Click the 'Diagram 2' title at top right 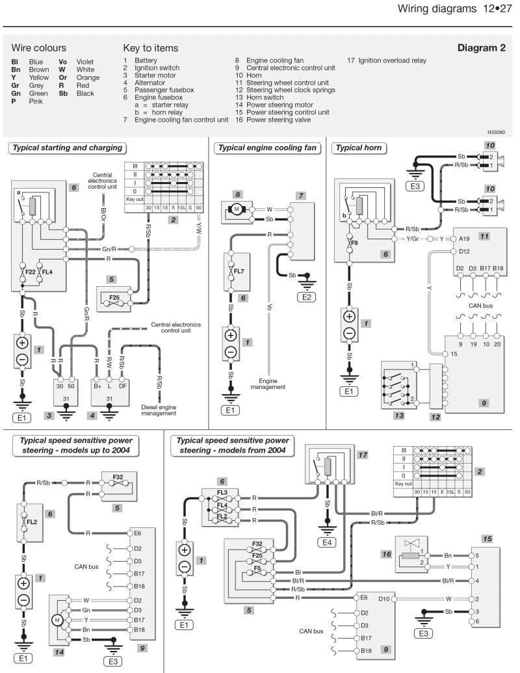point(481,48)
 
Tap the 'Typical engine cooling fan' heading point(267,148)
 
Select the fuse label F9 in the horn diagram point(354,243)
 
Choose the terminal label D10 point(383,598)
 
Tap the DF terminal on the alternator point(122,368)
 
